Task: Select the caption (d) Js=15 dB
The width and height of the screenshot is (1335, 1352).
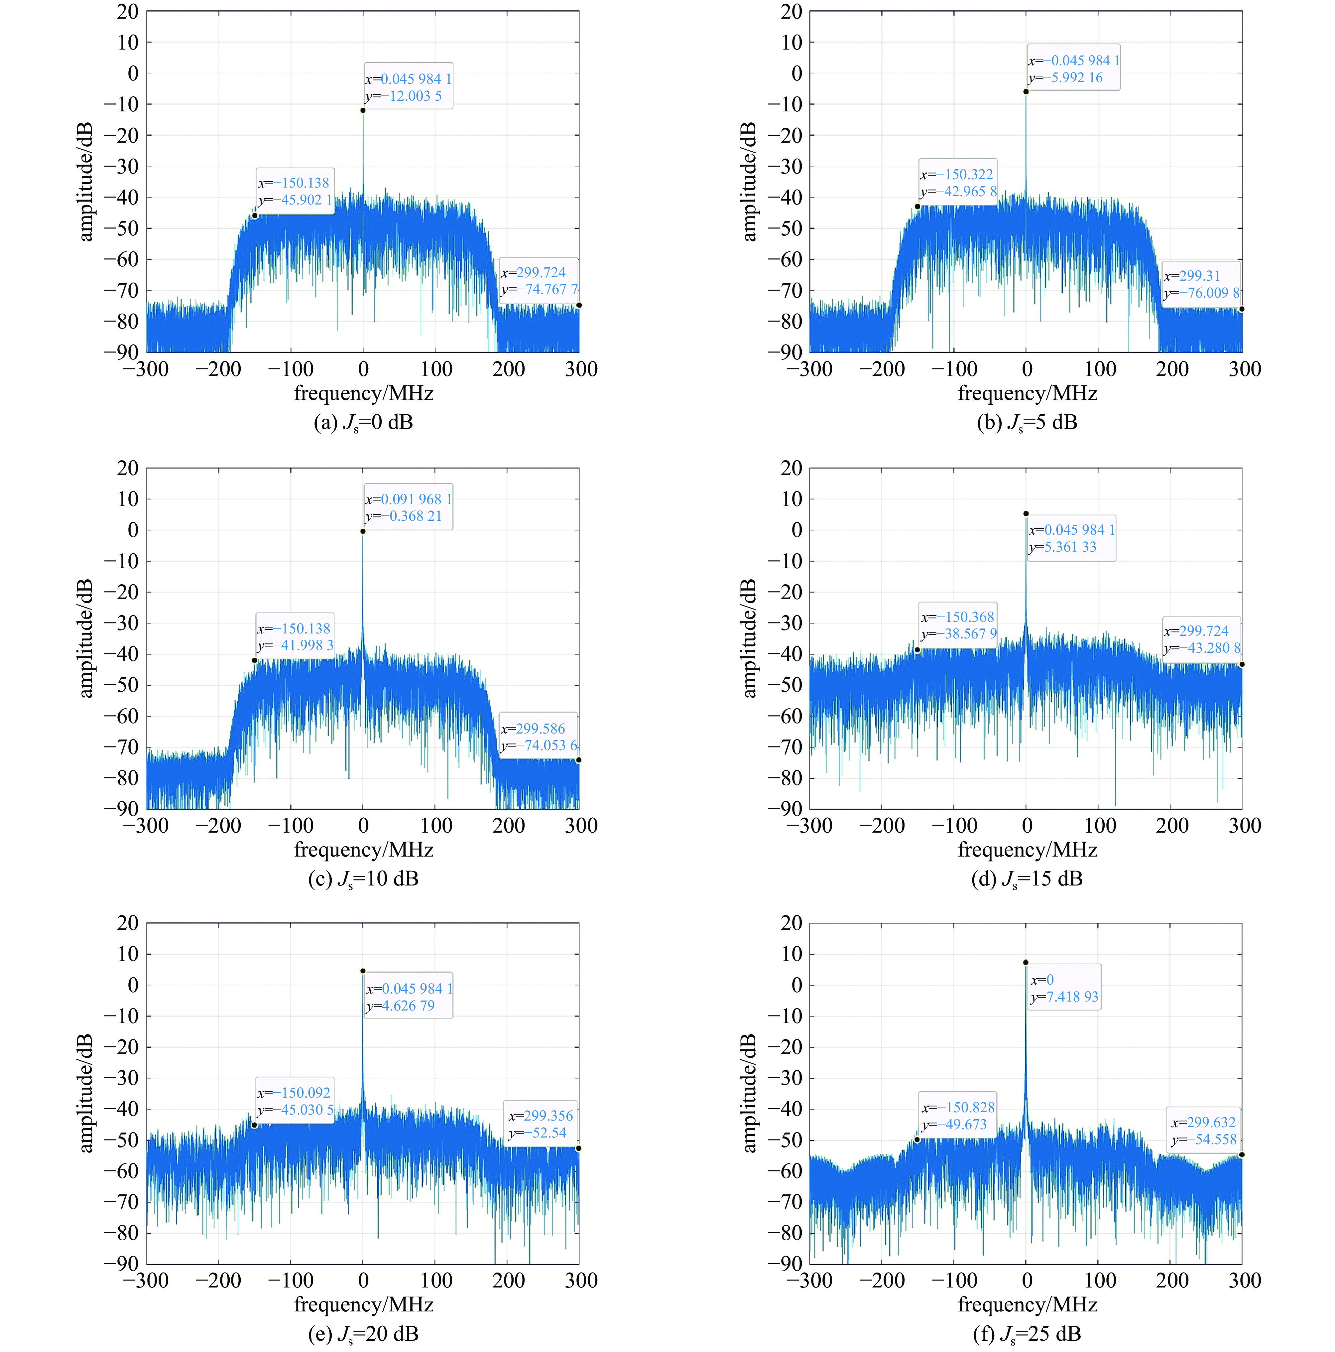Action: click(x=1027, y=878)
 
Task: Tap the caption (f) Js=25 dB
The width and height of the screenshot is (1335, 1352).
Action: click(x=1027, y=1334)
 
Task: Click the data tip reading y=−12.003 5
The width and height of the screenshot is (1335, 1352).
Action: click(x=408, y=87)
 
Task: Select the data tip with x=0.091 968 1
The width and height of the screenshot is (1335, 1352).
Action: click(x=408, y=507)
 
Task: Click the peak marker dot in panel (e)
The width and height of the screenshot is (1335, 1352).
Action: click(x=362, y=971)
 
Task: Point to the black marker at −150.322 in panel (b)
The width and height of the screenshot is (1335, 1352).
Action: click(x=917, y=206)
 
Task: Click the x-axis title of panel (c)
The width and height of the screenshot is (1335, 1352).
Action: click(x=363, y=850)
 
